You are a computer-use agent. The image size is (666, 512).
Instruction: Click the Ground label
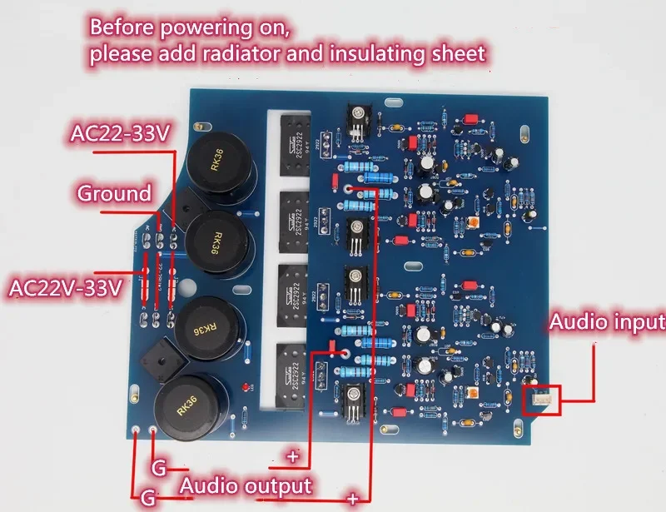114,194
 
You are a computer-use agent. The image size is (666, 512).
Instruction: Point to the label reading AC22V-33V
65,290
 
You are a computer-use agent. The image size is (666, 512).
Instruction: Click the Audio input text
605,321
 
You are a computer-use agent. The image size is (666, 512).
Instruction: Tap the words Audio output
246,485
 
